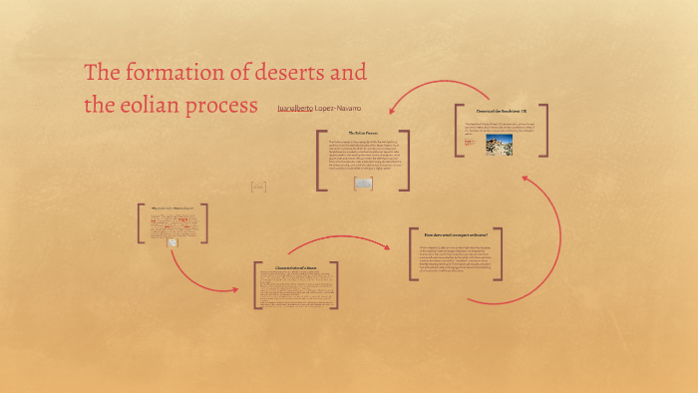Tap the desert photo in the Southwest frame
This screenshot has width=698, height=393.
coord(497,143)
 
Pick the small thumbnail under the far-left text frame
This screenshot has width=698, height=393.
coord(172,242)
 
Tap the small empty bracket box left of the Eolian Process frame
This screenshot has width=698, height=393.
coord(258,187)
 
